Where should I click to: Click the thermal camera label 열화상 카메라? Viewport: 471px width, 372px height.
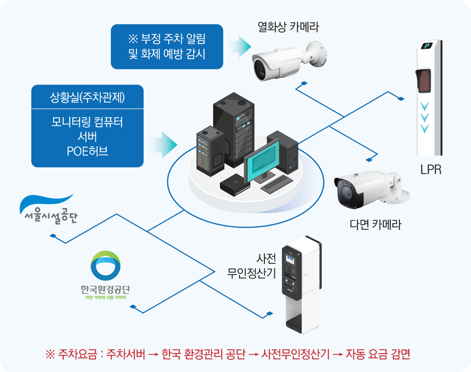288,27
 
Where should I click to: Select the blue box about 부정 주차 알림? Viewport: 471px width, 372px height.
167,46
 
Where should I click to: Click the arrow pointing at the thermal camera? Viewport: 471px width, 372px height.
240,46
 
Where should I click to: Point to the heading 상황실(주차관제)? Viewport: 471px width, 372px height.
87,97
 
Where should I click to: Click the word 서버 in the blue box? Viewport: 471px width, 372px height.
87,137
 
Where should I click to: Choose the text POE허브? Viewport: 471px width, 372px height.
87,151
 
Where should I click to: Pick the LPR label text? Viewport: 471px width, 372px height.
431,170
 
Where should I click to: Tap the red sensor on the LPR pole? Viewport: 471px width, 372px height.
423,80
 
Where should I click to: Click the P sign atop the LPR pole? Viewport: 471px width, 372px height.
427,46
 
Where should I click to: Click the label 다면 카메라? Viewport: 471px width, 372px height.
375,225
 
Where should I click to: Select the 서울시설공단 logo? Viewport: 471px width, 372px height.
48,210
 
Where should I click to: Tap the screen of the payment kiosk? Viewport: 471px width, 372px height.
289,259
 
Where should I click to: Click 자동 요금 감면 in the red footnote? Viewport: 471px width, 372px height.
378,354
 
